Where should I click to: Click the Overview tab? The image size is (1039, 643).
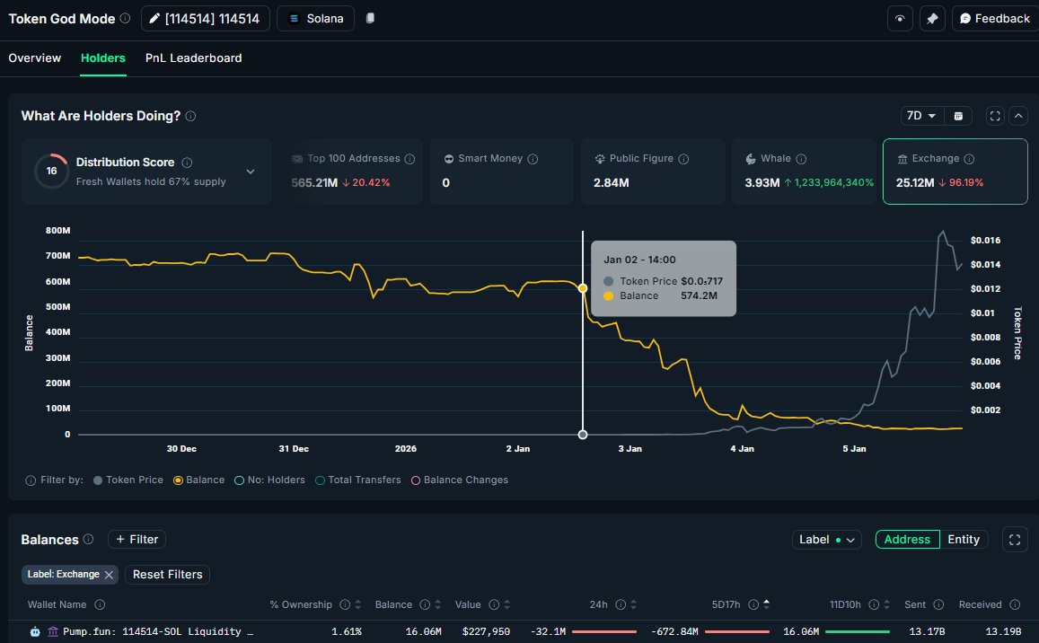(35, 58)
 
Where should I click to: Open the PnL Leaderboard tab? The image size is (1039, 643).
(193, 58)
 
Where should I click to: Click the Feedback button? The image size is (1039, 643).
(993, 19)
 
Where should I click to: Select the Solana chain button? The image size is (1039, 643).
(316, 19)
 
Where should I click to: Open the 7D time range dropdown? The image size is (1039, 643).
(921, 116)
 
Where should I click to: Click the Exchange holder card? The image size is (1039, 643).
(955, 171)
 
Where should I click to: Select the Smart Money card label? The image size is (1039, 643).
(489, 159)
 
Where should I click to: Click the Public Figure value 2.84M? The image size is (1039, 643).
(612, 183)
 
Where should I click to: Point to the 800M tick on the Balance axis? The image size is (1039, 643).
(58, 231)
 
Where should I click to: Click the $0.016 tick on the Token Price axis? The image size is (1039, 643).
(985, 241)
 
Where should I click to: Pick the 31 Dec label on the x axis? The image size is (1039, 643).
(294, 448)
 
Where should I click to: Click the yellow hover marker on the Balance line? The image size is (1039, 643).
(583, 288)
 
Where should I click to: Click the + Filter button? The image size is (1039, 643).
(136, 540)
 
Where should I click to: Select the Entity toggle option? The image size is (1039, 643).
(964, 540)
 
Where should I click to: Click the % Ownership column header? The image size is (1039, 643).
(301, 604)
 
